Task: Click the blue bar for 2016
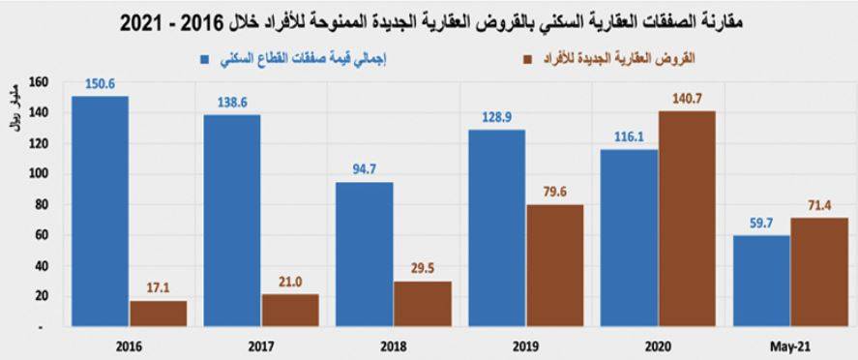tap(100, 212)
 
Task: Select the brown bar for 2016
tap(158, 315)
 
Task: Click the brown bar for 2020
tap(687, 220)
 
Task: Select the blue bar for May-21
tap(761, 282)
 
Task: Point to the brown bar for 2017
tap(290, 311)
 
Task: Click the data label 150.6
tap(100, 84)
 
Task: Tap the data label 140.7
tap(687, 99)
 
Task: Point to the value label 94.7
tap(364, 169)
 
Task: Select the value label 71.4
tap(819, 205)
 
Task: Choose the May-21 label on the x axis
tap(789, 345)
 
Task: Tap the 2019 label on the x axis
tap(525, 345)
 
